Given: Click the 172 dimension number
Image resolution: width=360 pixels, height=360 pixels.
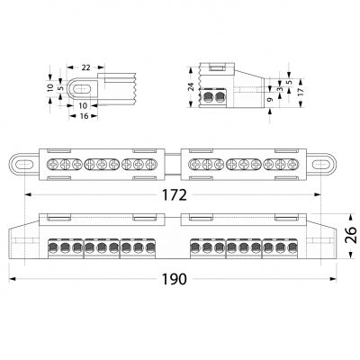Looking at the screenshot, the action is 175,195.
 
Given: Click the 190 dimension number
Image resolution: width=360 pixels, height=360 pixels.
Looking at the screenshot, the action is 175,279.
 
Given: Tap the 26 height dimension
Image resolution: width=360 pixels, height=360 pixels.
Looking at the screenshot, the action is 351,235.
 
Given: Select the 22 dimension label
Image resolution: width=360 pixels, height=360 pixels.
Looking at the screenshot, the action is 85,67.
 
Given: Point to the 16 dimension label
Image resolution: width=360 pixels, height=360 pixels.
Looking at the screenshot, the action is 85,116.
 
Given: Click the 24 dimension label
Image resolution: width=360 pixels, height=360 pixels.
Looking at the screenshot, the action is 192,86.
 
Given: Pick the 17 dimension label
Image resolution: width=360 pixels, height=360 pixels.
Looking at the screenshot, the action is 301,92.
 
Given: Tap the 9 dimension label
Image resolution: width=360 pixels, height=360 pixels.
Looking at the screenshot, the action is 270,100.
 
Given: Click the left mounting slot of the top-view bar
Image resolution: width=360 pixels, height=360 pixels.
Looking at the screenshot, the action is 24,165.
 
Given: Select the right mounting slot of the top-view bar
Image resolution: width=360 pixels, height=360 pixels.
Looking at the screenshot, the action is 321,165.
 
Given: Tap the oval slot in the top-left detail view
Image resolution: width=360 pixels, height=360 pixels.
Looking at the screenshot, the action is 82,89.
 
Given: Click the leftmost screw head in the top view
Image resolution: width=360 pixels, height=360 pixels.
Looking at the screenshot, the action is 53,164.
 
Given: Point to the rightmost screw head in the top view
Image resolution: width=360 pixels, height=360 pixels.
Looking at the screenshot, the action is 292,164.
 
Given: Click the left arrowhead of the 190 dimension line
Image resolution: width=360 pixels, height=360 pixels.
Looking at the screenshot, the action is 13,279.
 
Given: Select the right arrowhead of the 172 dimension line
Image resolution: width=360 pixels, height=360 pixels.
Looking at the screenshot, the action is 318,194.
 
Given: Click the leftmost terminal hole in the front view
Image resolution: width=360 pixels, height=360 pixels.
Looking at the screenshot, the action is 53,247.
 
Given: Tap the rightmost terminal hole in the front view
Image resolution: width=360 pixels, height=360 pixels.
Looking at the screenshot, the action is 292,247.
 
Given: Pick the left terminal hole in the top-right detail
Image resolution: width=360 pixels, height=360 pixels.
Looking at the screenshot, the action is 208,97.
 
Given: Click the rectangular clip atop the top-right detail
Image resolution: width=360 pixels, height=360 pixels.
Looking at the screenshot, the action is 217,67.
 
